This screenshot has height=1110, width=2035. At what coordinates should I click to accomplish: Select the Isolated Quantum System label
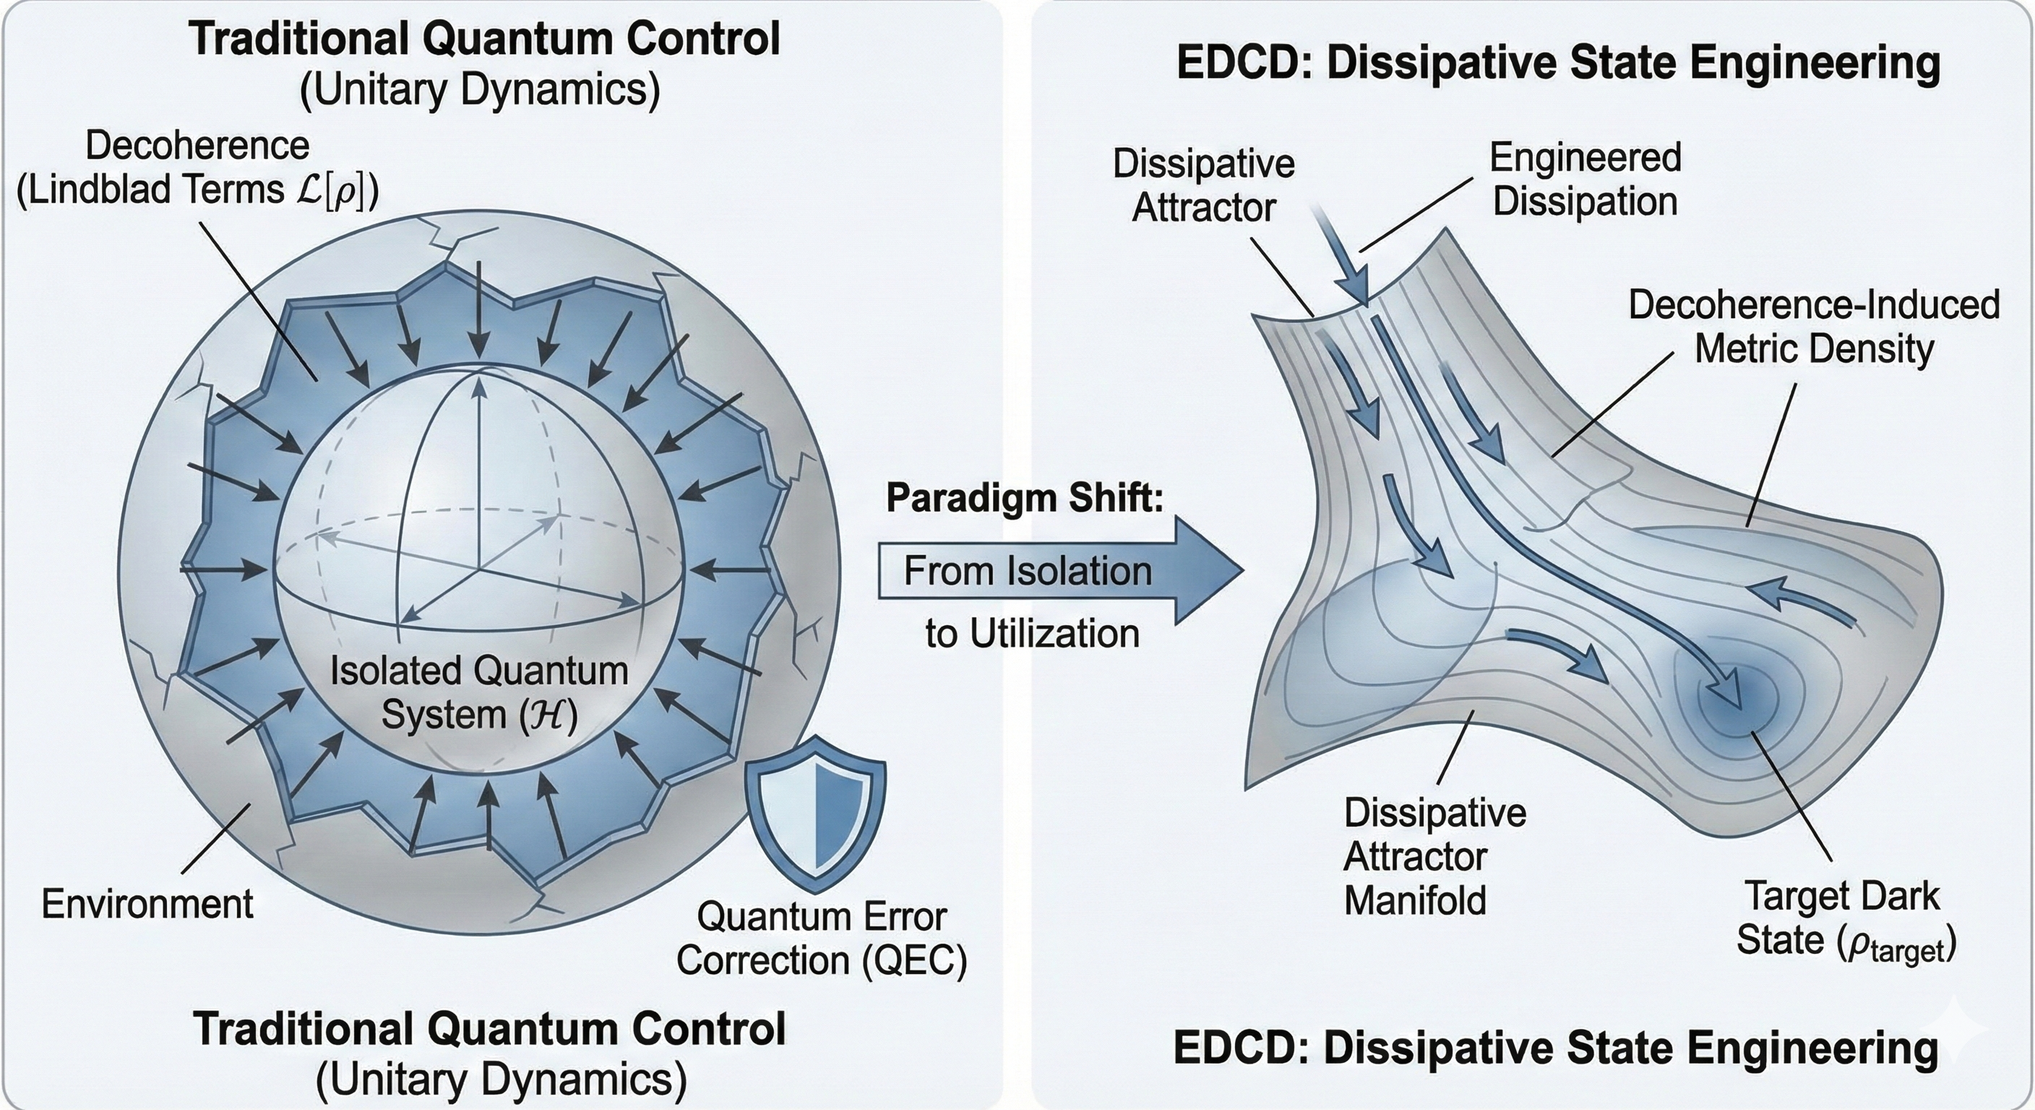point(478,693)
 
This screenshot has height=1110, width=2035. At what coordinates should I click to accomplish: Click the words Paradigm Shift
point(1025,499)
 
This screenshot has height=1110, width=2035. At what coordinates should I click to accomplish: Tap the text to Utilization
point(1033,634)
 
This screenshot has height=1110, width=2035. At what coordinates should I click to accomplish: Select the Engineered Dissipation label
point(1585,179)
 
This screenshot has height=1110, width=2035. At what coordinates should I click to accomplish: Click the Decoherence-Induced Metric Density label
point(1814,327)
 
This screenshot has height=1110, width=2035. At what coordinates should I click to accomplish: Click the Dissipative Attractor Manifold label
point(1434,856)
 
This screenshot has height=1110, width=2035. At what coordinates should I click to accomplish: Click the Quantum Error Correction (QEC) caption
point(822,939)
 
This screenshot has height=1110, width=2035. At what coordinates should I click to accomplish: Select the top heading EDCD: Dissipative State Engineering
point(1558,63)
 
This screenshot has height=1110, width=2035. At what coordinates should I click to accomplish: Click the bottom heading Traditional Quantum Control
point(490,1029)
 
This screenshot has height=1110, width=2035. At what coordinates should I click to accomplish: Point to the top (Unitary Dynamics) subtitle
point(480,90)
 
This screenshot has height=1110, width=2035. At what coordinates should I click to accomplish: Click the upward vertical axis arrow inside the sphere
point(478,387)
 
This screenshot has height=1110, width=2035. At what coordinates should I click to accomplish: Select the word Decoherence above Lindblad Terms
point(197,146)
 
